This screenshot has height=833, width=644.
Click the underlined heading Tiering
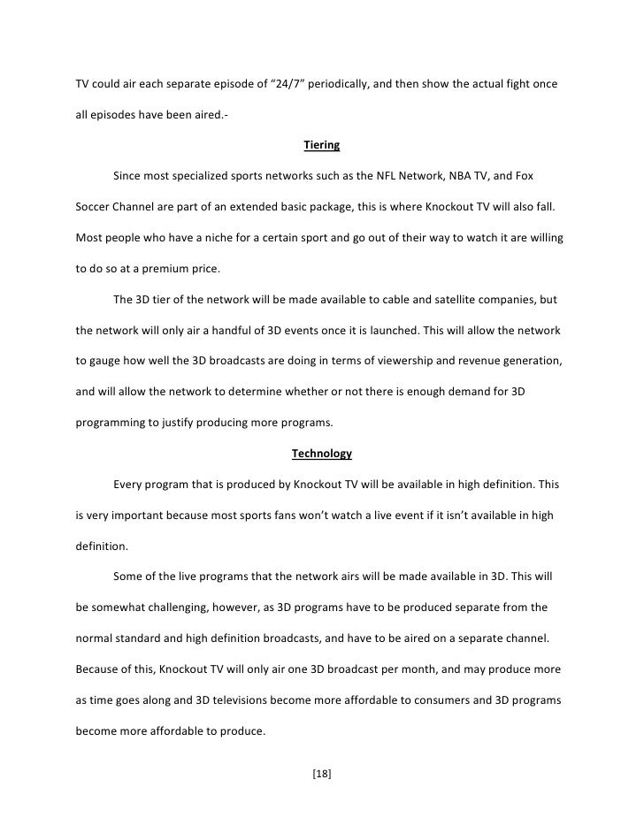[321, 145]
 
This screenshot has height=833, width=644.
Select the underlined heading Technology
[321, 454]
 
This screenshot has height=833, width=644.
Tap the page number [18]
[321, 774]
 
